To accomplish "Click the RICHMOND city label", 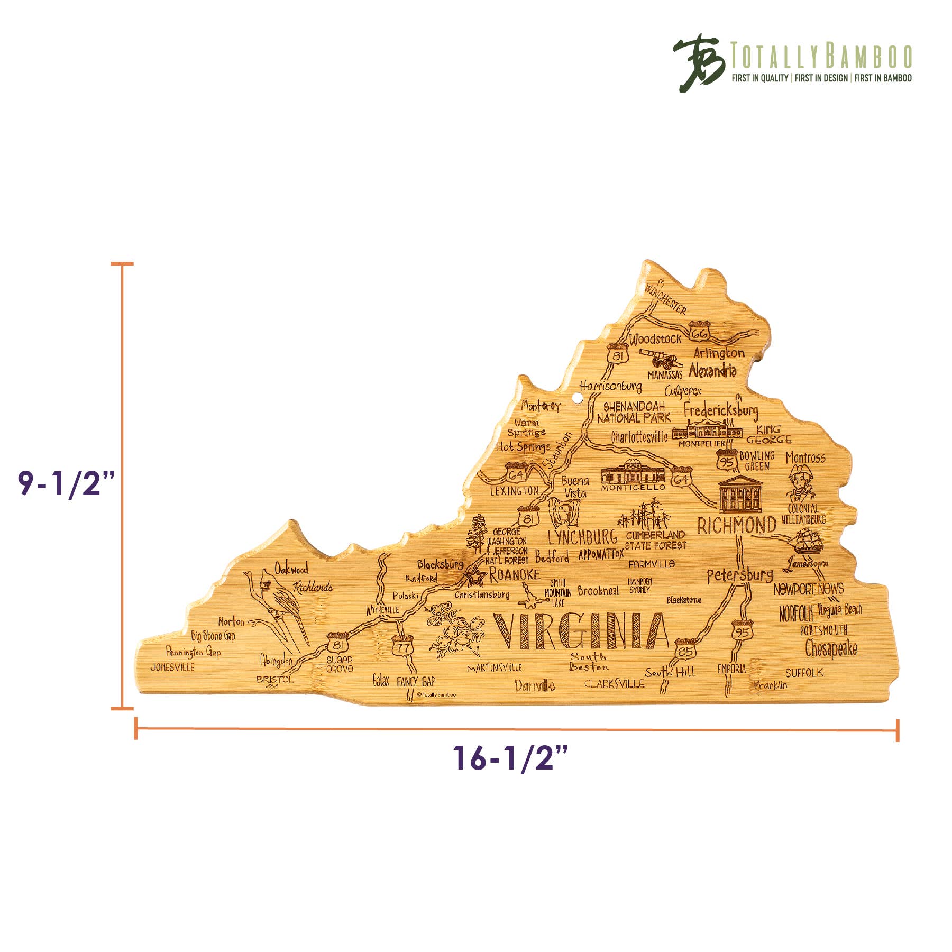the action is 736,526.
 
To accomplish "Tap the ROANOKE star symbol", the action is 475,576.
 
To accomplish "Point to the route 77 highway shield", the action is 402,646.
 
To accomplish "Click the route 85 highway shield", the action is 685,650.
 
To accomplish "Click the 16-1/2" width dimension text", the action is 510,757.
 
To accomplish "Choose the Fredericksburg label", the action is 720,410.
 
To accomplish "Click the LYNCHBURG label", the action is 582,538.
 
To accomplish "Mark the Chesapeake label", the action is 831,648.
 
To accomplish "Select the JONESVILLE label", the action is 172,667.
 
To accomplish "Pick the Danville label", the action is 535,686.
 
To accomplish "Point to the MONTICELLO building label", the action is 633,488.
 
